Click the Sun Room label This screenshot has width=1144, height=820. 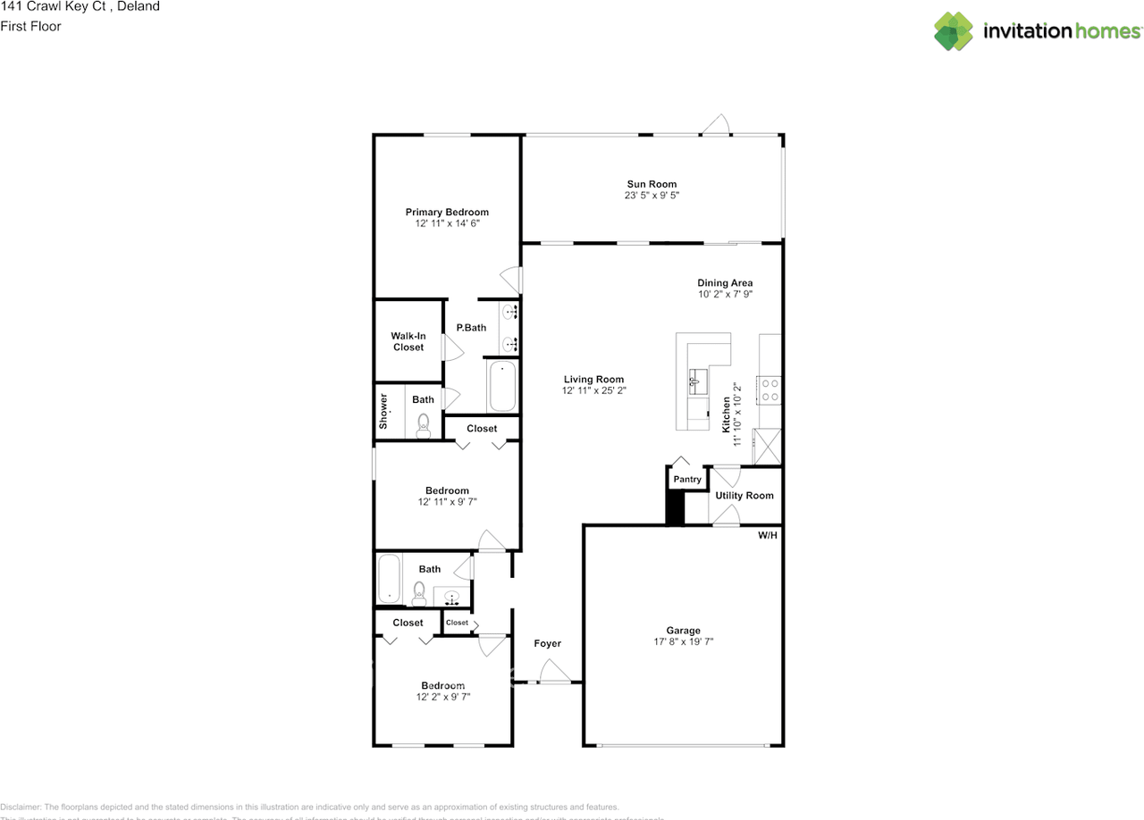[652, 184]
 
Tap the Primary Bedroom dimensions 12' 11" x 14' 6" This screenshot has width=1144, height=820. [447, 224]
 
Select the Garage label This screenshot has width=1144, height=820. [683, 630]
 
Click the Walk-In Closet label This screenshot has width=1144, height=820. [408, 341]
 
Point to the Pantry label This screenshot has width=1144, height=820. [687, 480]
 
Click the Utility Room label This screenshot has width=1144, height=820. [744, 496]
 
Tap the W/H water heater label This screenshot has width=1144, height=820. [767, 536]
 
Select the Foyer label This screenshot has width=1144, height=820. [547, 643]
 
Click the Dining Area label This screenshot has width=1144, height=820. [725, 283]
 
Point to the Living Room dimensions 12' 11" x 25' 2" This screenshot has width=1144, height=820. [593, 390]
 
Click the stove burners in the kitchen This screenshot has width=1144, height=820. [769, 389]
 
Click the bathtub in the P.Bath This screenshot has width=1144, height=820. [501, 385]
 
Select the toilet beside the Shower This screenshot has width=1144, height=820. [424, 425]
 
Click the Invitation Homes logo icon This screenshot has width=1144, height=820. [954, 31]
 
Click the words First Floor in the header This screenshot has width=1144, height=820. [31, 26]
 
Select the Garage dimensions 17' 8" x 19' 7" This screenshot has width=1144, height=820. [683, 641]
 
